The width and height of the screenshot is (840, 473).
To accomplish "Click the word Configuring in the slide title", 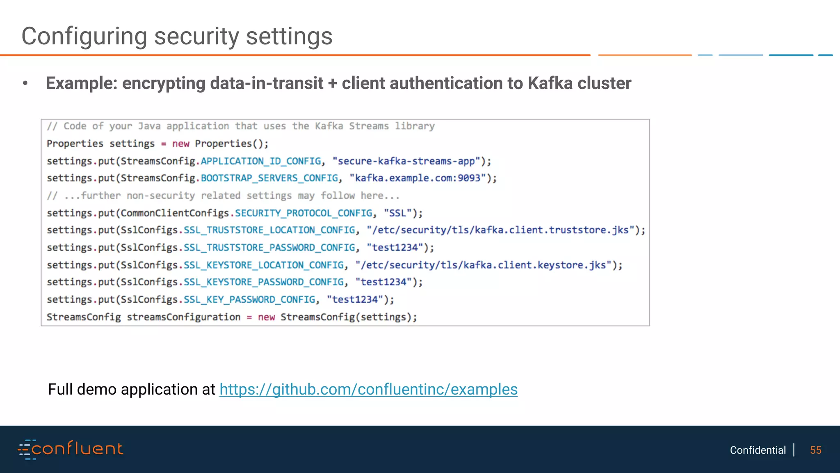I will click(84, 37).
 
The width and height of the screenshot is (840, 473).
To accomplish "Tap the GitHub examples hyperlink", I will click(368, 389).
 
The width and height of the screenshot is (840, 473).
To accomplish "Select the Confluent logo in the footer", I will click(70, 449).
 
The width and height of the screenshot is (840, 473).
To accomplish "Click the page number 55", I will click(815, 450).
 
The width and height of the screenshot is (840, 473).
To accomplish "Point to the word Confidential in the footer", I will click(758, 450).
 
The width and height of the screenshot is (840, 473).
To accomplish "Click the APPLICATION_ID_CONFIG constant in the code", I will click(260, 161).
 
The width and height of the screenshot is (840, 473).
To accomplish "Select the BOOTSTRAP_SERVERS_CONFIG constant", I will click(269, 178).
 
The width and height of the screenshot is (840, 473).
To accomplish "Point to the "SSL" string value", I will click(397, 213).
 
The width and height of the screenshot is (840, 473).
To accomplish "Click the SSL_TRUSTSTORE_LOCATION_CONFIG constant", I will click(269, 230).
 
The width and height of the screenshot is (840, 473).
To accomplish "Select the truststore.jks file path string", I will click(500, 230).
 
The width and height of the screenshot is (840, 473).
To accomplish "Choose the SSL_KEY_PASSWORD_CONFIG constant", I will click(249, 300).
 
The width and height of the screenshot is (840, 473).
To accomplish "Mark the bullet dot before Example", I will click(25, 83).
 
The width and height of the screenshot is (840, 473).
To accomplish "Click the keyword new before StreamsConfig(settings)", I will click(266, 317).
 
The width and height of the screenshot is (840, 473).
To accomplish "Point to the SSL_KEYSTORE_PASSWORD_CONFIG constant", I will click(263, 282).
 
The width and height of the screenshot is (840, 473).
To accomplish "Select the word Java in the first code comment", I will click(149, 126).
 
